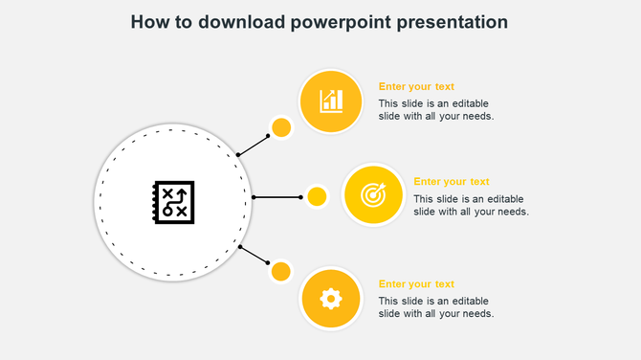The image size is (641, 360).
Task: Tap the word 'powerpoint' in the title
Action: tap(339, 22)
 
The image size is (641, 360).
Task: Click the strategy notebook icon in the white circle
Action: tap(173, 202)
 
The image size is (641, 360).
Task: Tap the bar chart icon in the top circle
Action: tap(331, 101)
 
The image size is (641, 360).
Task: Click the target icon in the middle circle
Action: tap(373, 195)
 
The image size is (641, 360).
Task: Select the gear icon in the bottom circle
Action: tap(331, 299)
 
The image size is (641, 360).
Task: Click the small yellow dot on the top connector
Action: tap(281, 127)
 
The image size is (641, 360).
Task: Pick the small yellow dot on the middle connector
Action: tap(317, 196)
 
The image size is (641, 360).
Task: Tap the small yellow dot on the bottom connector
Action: tap(281, 272)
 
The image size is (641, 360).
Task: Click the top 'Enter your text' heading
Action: tap(416, 86)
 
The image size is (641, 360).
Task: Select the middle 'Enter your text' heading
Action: tap(452, 182)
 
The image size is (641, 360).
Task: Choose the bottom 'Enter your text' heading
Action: tap(416, 284)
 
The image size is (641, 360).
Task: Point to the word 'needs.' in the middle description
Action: tap(508, 212)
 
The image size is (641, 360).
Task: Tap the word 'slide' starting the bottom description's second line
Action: tap(390, 314)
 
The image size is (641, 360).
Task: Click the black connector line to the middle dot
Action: tap(277, 197)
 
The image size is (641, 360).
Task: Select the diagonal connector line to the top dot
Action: tap(253, 145)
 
